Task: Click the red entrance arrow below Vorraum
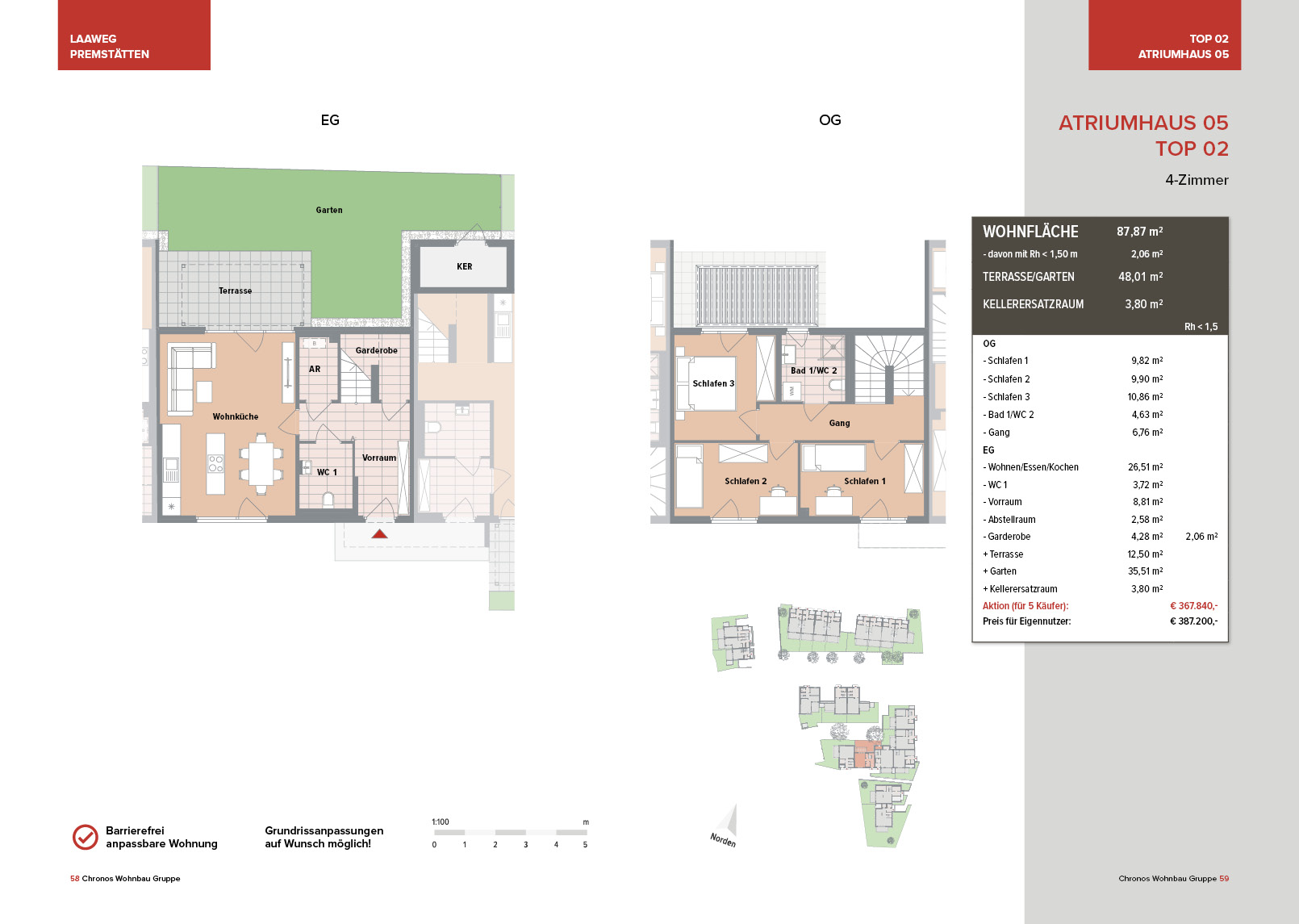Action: tap(379, 533)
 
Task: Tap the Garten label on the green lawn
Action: tap(329, 210)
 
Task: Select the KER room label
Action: tap(465, 267)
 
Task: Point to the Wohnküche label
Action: tap(236, 416)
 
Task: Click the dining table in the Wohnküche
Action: tap(261, 463)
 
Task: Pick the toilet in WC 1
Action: tap(328, 500)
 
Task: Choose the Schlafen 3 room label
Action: tap(713, 383)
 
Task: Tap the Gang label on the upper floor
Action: tap(839, 424)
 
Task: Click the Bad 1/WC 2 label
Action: tap(813, 370)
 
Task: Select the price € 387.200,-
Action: tap(1193, 621)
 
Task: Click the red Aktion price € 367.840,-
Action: tap(1193, 605)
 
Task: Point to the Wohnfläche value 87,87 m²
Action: tap(1139, 232)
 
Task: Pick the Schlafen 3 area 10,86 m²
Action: tap(1145, 397)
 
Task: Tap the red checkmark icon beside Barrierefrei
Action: tap(86, 837)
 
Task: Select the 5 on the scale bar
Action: tap(585, 845)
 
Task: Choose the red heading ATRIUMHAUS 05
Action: tap(1143, 123)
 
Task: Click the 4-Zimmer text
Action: tap(1197, 180)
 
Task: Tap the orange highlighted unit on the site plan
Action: tap(867, 753)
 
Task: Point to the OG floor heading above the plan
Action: tap(830, 120)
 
